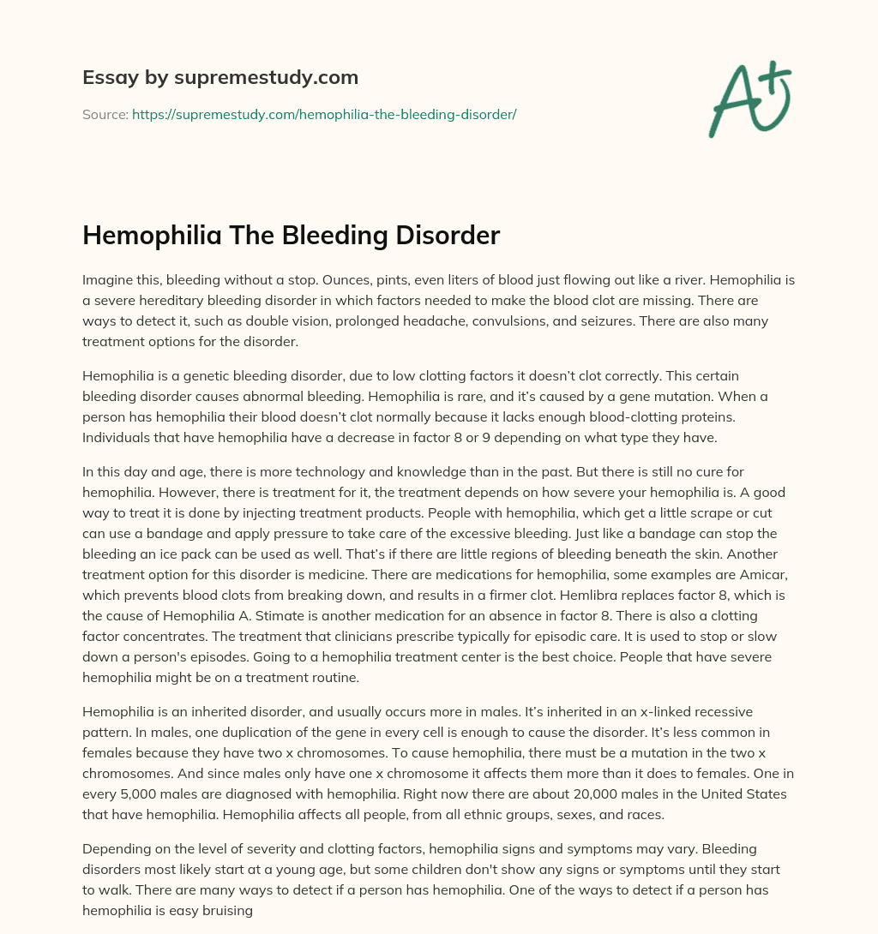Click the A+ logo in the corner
749,99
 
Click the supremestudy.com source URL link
324,113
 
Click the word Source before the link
104,113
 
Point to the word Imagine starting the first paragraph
108,279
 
